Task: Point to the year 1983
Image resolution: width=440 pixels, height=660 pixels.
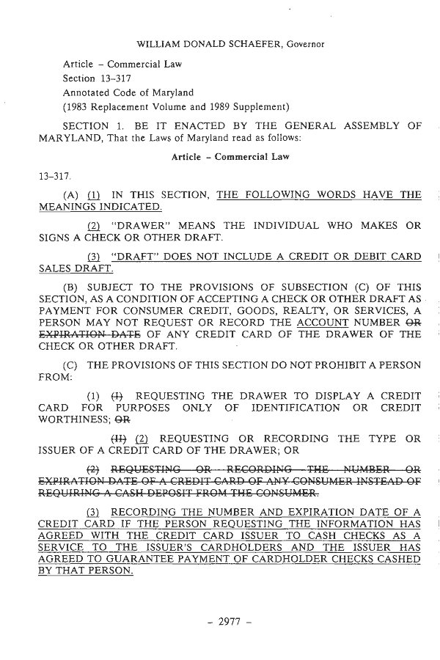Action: (78, 107)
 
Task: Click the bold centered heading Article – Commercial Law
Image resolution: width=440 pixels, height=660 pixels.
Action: (230, 157)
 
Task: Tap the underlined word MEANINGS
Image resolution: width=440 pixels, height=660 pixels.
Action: (67, 208)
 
